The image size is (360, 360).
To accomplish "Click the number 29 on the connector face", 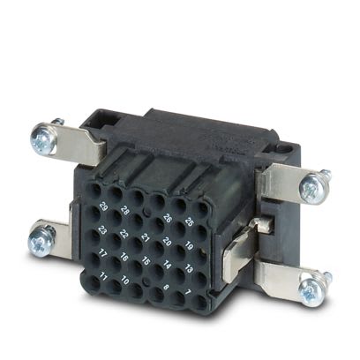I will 104,207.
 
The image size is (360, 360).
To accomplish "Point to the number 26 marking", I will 168,216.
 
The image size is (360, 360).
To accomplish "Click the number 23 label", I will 103,230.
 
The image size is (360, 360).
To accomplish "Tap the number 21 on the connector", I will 146,237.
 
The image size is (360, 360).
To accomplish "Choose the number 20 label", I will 168,240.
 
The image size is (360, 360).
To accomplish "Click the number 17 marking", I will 103,253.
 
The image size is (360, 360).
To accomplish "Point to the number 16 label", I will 124,257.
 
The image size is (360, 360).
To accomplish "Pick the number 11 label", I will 103,276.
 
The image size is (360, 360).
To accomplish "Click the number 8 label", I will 167,287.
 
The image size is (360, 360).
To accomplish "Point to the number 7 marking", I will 188,290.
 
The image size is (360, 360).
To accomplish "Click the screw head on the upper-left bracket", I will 41,137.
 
